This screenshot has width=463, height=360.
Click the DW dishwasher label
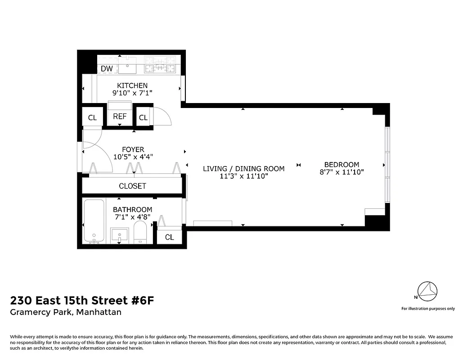click(107, 69)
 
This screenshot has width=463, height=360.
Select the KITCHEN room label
click(132, 85)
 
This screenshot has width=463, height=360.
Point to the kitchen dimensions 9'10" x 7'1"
click(132, 93)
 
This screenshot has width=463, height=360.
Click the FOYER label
click(133, 149)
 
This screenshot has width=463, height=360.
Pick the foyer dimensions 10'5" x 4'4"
click(133, 157)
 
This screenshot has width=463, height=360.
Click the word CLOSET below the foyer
click(132, 186)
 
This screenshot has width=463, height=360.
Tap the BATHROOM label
click(132, 210)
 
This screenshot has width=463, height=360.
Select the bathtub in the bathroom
click(94, 222)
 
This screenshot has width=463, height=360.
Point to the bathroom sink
click(119, 234)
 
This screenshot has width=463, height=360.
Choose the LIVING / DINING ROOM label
click(244, 169)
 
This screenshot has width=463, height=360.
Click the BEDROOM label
click(342, 165)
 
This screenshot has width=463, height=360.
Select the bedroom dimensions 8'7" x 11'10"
click(342, 172)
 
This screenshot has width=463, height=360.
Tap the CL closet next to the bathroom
click(169, 237)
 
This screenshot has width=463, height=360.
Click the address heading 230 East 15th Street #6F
click(82, 301)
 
